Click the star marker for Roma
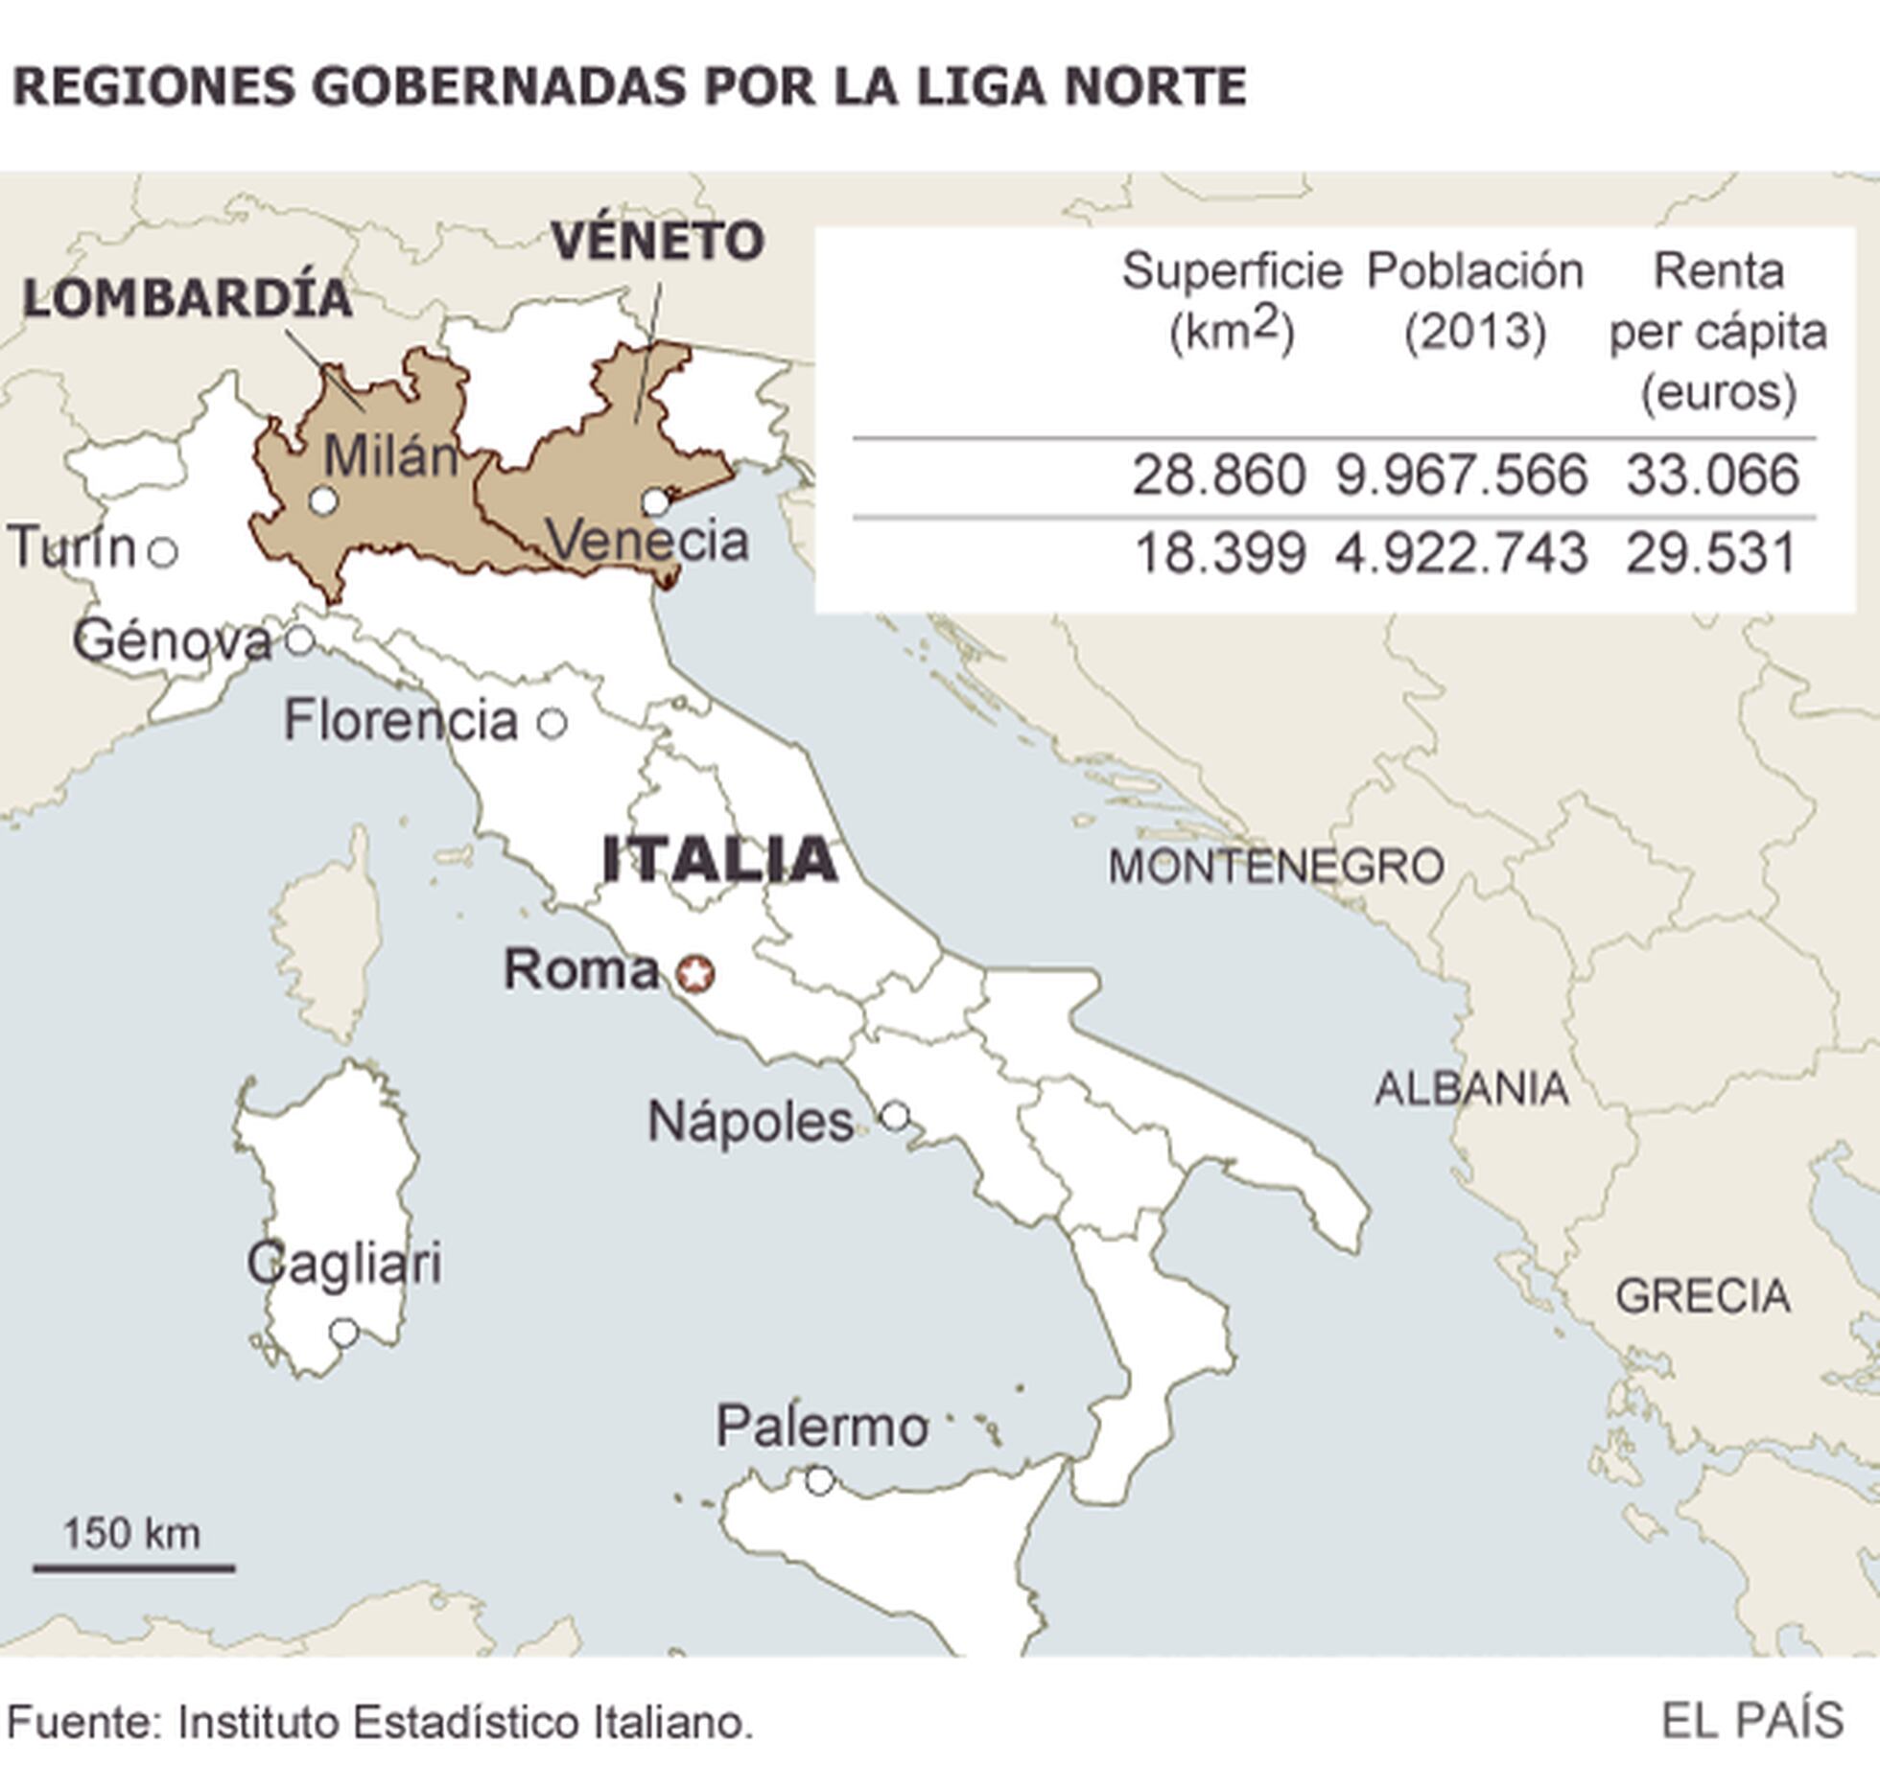point(695,974)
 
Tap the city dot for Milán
point(324,500)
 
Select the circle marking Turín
point(163,552)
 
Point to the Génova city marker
point(300,639)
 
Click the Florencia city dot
point(552,723)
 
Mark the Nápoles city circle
point(895,1116)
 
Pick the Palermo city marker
point(819,1481)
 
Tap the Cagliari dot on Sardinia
point(343,1333)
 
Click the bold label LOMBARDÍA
point(188,298)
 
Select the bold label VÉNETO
point(658,241)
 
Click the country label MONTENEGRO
point(1276,868)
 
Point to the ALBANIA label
point(1471,1089)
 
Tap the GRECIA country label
point(1703,1297)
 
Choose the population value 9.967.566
point(1462,476)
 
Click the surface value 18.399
point(1220,554)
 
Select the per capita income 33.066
point(1712,476)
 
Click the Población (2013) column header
point(1475,301)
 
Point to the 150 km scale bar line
point(134,1569)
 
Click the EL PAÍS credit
point(1751,1721)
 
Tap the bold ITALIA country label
point(719,859)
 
